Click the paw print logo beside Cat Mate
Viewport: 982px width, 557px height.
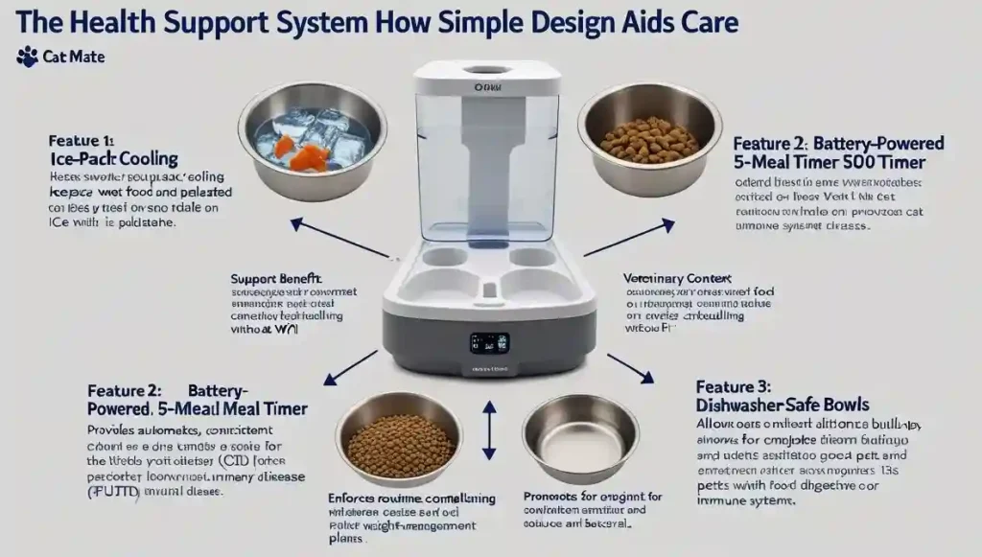[27, 58]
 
